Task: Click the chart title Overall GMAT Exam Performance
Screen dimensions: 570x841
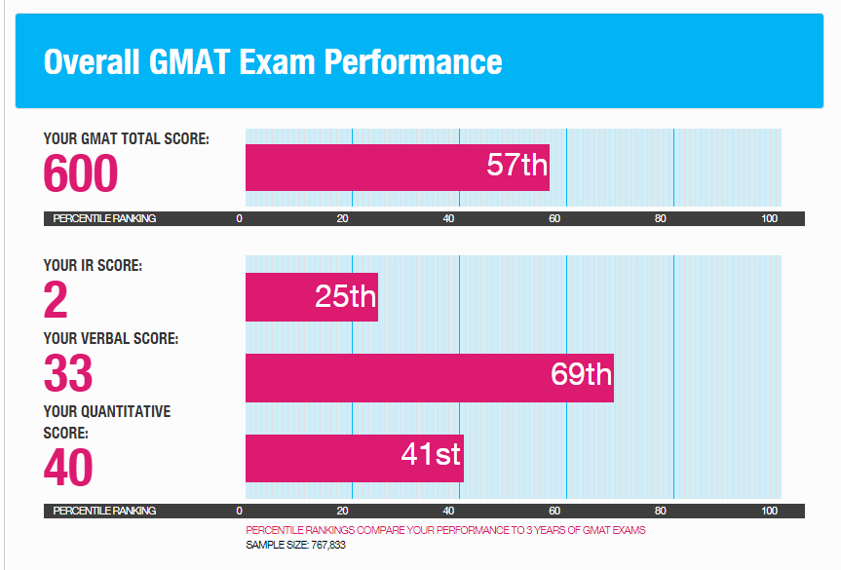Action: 273,61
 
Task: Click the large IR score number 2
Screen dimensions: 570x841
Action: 57,301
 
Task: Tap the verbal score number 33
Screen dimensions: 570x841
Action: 68,374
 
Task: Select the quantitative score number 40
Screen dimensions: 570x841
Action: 68,468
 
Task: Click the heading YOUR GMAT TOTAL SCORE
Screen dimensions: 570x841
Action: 126,139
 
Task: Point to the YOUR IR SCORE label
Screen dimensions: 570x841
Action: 93,265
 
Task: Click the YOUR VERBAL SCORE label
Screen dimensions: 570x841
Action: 110,339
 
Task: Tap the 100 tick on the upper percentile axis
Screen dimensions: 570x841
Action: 770,218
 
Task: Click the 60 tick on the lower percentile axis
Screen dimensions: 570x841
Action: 554,511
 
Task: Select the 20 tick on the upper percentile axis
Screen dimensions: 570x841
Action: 343,218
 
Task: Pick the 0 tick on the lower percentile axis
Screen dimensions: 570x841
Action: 240,511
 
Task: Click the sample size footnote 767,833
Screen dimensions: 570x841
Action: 296,545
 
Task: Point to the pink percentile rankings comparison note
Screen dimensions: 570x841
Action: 445,530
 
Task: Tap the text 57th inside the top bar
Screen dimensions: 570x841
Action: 517,165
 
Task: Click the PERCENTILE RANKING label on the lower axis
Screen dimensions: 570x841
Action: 104,511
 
